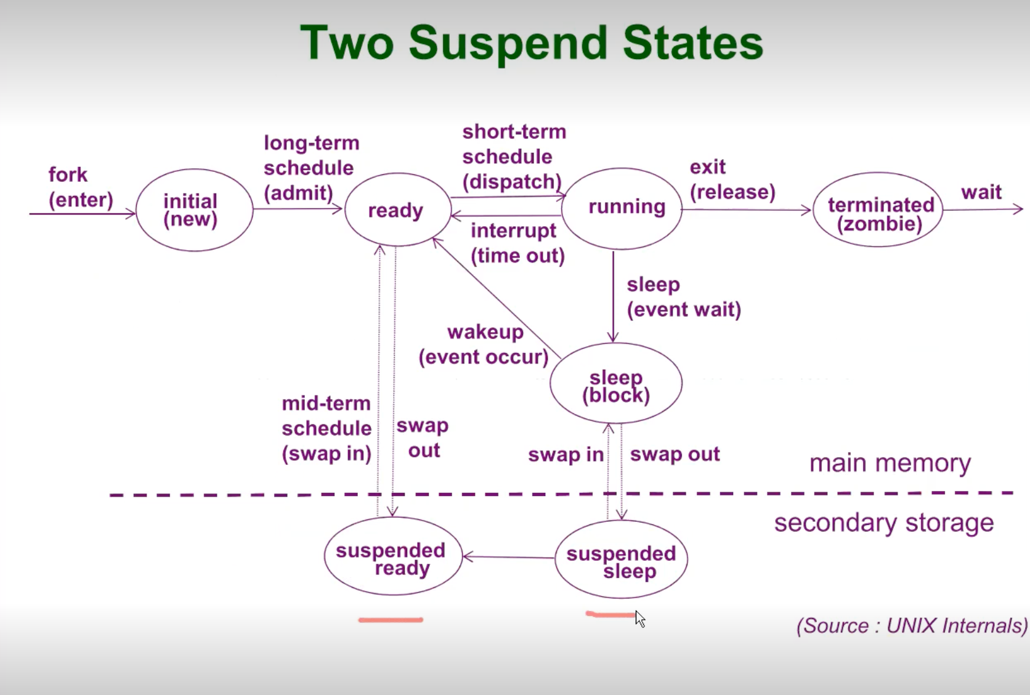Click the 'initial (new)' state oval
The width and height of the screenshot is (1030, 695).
point(194,210)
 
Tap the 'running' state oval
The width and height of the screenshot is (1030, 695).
point(622,208)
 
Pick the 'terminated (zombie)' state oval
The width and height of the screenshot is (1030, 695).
point(878,210)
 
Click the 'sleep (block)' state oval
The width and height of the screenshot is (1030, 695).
point(616,384)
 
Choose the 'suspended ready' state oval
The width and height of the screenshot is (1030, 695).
point(393,556)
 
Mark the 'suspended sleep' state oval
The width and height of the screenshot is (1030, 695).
point(621,559)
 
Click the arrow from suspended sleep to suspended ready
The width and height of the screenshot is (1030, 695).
point(508,557)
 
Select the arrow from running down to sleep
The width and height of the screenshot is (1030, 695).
point(613,296)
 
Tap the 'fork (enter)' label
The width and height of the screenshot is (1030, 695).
point(80,187)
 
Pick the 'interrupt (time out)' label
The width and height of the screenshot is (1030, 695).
point(517,243)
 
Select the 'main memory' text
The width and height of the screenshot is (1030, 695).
point(890,463)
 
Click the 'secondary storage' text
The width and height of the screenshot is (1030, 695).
point(883,522)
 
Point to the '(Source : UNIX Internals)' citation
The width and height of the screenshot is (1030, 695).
point(912,625)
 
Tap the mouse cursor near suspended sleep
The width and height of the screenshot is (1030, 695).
point(640,619)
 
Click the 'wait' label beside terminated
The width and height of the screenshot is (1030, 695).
point(981,192)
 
